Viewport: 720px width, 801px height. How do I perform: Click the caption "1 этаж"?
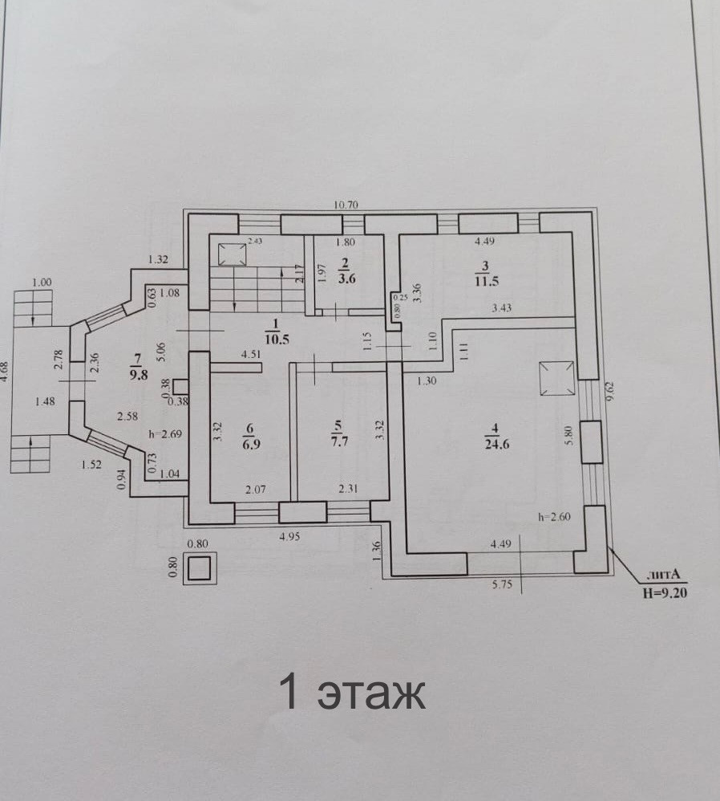351,692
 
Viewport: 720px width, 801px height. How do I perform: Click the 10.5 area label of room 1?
276,338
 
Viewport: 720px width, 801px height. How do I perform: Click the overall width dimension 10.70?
346,205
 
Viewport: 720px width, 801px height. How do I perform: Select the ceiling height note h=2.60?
552,518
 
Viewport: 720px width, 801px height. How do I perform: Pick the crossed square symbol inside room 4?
556,378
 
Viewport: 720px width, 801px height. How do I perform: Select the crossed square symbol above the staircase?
233,254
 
